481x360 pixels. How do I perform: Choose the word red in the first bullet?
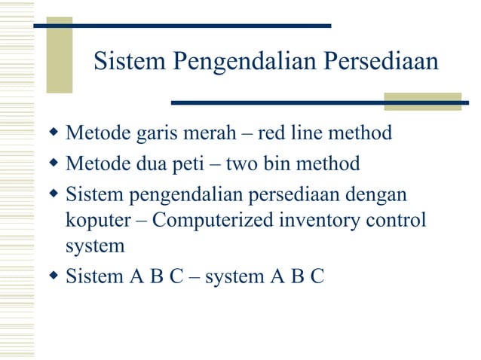click(272, 134)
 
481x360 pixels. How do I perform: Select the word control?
click(399, 221)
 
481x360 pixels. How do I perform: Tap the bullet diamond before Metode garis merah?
click(53, 134)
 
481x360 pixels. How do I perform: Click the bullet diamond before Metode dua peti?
click(53, 163)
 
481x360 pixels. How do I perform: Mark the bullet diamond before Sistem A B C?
click(53, 276)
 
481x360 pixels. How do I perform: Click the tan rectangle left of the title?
click(60, 54)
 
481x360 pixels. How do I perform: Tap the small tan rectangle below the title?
click(412, 102)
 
